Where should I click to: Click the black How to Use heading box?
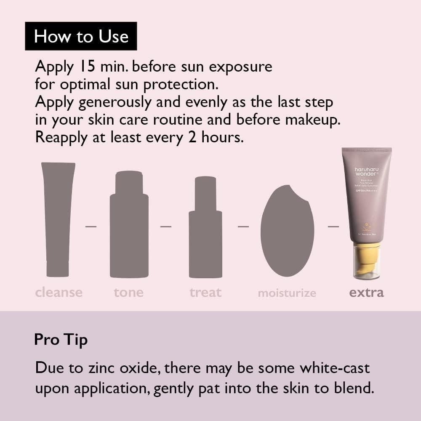coord(81,36)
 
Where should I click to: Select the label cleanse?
coord(59,292)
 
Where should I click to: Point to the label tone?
coord(128,292)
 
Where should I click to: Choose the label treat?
coord(205,292)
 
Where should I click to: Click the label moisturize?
coord(287,293)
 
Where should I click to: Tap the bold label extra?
coord(366,292)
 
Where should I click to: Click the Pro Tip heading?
coord(61,339)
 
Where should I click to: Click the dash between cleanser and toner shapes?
coord(91,226)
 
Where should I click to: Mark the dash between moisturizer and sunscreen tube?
coord(333,226)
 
